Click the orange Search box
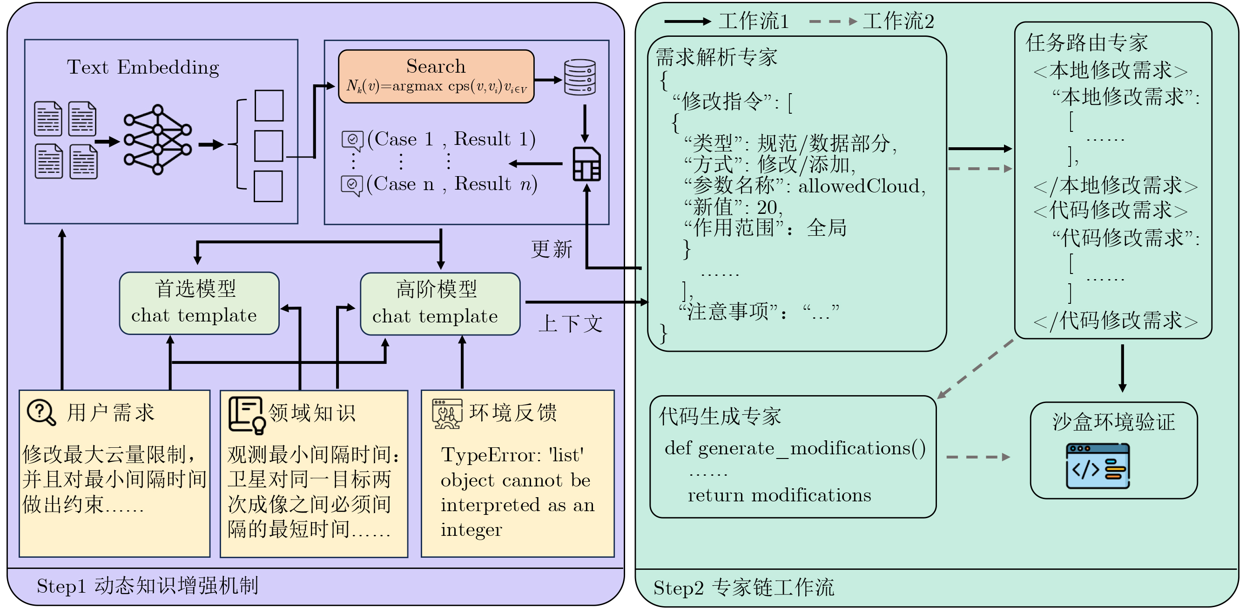pos(436,76)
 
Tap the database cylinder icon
pos(579,77)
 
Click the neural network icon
pos(157,139)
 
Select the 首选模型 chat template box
pos(199,303)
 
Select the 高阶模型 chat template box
pos(440,304)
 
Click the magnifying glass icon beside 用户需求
pos(41,412)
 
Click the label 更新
pos(552,250)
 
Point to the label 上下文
pos(570,324)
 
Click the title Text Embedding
pos(143,67)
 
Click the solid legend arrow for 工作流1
pos(687,21)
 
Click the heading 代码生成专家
pos(720,416)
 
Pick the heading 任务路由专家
pos(1086,43)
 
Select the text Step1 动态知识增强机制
pos(148,586)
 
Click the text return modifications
pos(779,495)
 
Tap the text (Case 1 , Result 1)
pos(451,139)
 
